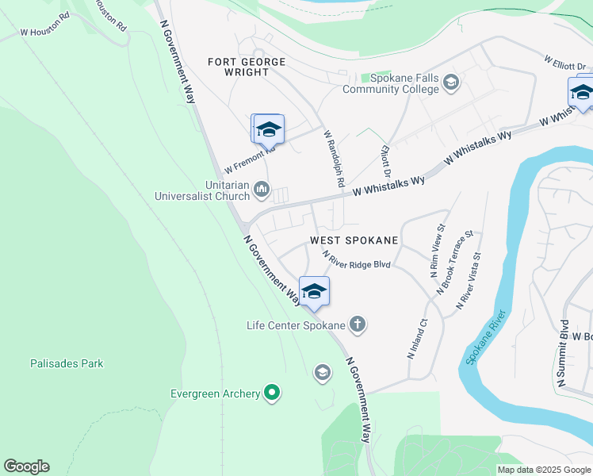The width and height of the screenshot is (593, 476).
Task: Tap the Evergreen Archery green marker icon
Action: pos(272,393)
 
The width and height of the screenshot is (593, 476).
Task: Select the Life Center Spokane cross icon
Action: pos(358,324)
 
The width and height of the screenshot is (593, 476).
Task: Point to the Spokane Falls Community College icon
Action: pos(450,83)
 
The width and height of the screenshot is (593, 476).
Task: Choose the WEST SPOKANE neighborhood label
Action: pos(354,239)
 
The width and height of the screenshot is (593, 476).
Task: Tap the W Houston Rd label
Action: pos(45,33)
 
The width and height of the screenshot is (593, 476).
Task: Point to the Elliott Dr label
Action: pos(386,160)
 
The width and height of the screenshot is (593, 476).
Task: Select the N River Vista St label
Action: pos(469,281)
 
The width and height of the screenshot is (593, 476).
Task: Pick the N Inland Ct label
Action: pos(417,340)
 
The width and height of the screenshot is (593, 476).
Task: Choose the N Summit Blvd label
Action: pos(562,354)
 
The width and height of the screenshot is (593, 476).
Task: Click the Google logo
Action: pos(26,466)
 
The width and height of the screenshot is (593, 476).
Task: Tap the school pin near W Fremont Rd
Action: pos(268,129)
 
